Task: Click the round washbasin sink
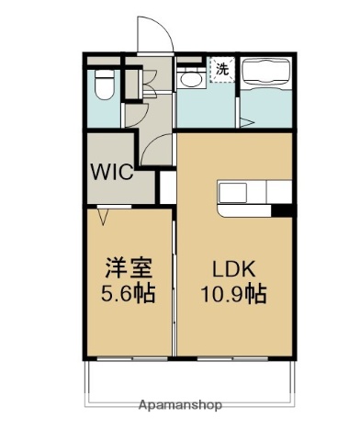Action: click(x=191, y=80)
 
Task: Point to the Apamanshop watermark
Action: click(x=180, y=405)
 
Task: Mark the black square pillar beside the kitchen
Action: click(x=287, y=211)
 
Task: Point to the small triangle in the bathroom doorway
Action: click(x=245, y=119)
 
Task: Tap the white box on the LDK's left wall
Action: click(x=167, y=187)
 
